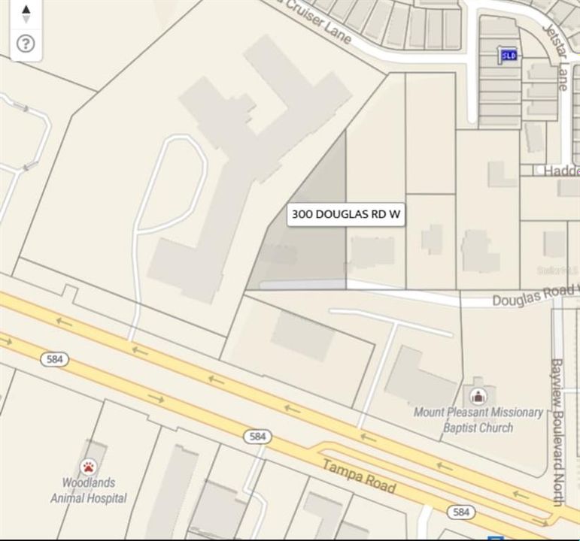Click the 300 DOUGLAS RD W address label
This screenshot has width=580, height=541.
[347, 215]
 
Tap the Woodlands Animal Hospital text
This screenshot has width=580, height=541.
[88, 490]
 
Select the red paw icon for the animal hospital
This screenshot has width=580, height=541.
[89, 467]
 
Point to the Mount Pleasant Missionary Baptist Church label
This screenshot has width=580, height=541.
[478, 420]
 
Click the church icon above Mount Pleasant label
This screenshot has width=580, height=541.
[477, 395]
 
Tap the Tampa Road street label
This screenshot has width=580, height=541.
[359, 476]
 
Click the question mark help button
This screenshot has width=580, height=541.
[26, 44]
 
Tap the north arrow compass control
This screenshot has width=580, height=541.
[26, 13]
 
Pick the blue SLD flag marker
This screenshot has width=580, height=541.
[509, 55]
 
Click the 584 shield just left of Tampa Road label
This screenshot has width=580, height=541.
[257, 437]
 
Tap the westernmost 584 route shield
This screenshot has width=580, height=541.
[55, 359]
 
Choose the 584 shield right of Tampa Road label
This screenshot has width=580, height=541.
[461, 512]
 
